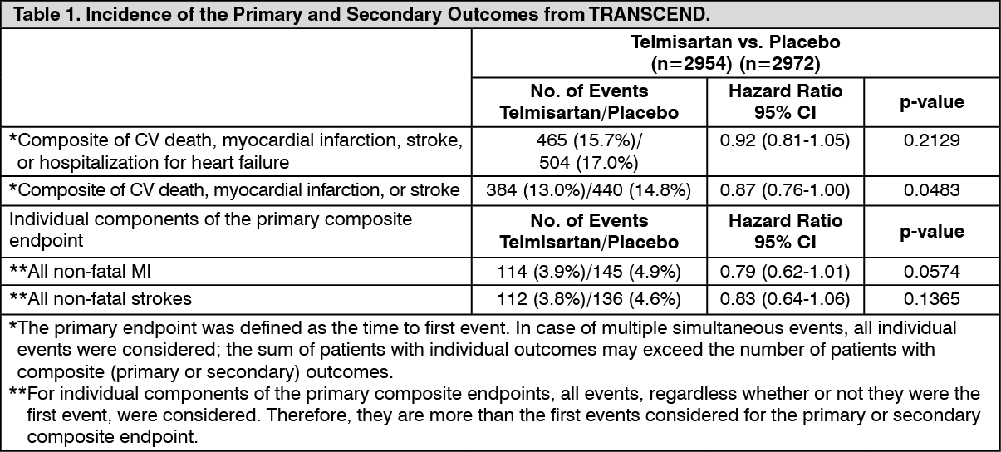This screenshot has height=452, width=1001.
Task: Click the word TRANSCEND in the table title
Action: pyautogui.click(x=649, y=14)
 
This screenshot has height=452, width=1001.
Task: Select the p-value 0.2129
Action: pyautogui.click(x=932, y=140)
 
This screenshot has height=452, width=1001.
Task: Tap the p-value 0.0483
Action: pyautogui.click(x=932, y=190)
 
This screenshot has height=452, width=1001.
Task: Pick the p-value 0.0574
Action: pyautogui.click(x=932, y=272)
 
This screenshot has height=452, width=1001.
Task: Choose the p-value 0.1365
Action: pyautogui.click(x=932, y=298)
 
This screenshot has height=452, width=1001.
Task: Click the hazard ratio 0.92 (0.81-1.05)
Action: pyautogui.click(x=785, y=140)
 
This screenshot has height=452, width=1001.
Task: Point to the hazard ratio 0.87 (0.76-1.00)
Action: pyautogui.click(x=785, y=190)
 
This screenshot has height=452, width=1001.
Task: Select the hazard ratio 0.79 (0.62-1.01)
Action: pyautogui.click(x=785, y=272)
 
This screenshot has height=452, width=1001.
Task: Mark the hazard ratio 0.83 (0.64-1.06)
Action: pyautogui.click(x=785, y=298)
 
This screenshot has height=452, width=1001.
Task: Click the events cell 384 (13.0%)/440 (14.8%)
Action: pyautogui.click(x=589, y=190)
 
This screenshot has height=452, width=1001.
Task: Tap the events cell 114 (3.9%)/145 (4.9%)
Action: pyautogui.click(x=589, y=272)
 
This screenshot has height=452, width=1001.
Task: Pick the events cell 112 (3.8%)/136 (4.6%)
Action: pyautogui.click(x=589, y=298)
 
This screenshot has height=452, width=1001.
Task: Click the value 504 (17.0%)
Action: pyautogui.click(x=589, y=163)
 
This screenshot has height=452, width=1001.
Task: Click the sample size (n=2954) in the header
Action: pyautogui.click(x=691, y=64)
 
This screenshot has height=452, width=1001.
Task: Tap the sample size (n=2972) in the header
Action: pyautogui.click(x=780, y=64)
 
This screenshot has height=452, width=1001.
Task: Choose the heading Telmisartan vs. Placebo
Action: pyautogui.click(x=735, y=42)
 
